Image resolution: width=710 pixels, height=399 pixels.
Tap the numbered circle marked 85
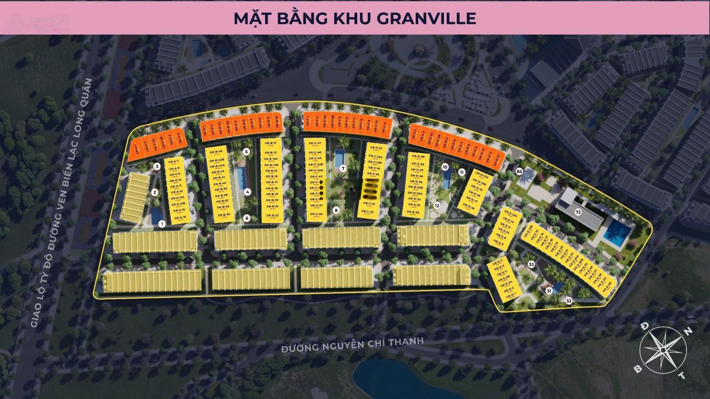tap(519, 171)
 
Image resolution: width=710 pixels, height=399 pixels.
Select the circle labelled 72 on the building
tap(578, 212)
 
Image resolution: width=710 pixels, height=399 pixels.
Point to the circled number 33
tap(531, 264)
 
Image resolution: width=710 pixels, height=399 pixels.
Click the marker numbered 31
tap(549, 291)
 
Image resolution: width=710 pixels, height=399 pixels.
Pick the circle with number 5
tap(246, 152)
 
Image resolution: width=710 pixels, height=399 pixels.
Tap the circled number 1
tap(162, 224)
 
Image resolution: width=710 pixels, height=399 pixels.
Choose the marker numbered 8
tap(336, 210)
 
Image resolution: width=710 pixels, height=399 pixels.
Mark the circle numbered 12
tap(437, 206)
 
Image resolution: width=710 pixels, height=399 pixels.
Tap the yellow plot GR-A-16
tap(180, 218)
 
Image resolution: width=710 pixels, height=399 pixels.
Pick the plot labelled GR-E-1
tap(509, 295)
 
